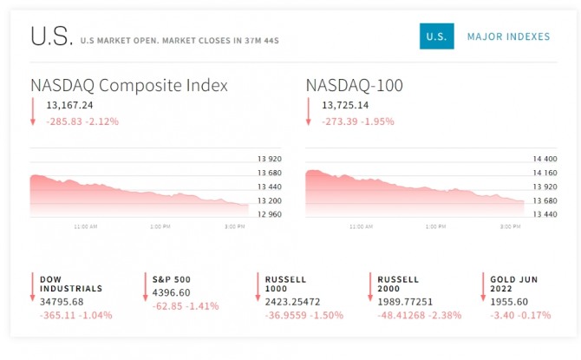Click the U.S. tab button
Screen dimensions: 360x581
(436, 36)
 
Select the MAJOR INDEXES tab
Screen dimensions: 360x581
(508, 36)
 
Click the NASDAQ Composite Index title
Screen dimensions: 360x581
(129, 85)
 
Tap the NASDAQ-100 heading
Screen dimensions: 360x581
(354, 85)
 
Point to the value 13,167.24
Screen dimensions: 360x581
(69, 106)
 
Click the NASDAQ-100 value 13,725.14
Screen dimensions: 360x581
(345, 106)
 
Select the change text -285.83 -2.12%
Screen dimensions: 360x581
(82, 121)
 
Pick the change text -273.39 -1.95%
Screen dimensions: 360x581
(358, 121)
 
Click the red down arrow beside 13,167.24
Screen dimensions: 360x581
(33, 111)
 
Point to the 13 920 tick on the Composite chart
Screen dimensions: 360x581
(270, 159)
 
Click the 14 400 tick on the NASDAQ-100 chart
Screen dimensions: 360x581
(545, 159)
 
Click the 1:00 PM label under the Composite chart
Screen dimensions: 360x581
(160, 226)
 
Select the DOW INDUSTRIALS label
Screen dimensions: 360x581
(70, 284)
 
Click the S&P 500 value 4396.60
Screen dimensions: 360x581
(172, 292)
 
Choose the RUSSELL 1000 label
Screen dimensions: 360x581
(286, 284)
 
